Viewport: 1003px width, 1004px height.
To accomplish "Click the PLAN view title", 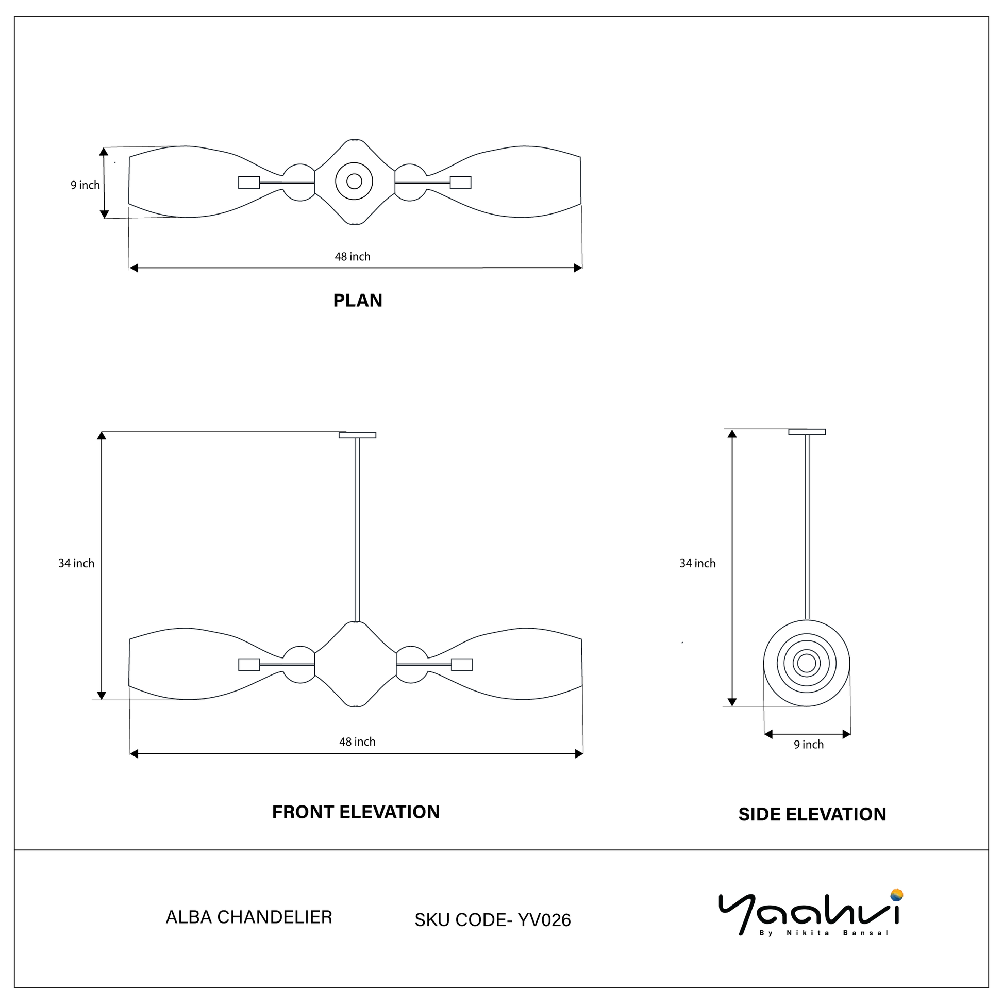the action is point(358,300).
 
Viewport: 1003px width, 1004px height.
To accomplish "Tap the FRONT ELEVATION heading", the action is point(356,812).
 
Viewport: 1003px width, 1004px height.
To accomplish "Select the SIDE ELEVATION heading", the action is point(812,814).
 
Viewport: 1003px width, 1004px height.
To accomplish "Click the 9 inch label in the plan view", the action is point(85,185).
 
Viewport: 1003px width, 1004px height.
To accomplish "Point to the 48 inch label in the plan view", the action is point(353,257).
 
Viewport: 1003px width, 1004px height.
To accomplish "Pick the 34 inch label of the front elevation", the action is point(76,563).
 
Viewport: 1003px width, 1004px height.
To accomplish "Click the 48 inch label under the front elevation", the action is point(357,742).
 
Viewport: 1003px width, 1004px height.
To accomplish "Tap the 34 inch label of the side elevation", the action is point(697,563).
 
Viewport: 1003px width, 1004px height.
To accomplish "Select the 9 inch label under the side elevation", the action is point(809,745).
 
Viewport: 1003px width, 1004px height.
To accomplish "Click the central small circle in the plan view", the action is point(354,182).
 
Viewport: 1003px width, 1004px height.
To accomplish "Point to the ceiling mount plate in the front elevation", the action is point(357,435).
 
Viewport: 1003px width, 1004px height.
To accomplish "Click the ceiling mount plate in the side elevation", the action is point(807,432).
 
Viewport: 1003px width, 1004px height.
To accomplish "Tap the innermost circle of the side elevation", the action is point(807,663).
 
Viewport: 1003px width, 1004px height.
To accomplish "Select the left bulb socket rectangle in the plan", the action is point(249,183).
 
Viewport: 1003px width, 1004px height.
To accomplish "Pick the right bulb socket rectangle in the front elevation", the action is point(462,665).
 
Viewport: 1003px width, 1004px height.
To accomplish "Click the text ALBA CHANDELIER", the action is point(249,917).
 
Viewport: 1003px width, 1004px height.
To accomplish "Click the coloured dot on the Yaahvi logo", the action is point(896,895).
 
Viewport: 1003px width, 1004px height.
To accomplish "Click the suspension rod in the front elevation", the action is point(357,530).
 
